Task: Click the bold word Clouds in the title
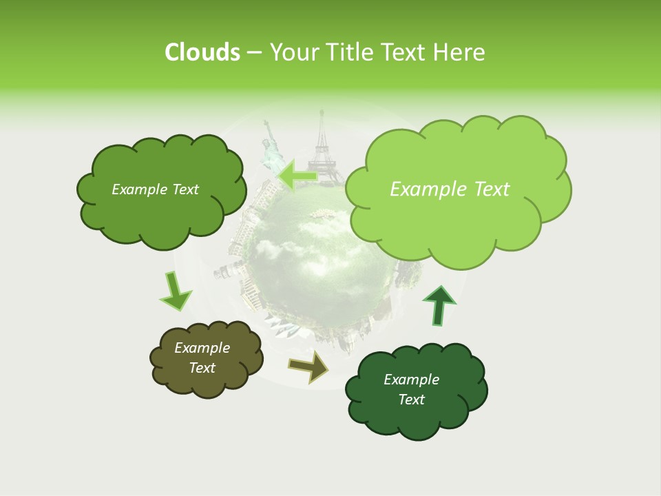[202, 52]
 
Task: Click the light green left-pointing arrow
[297, 175]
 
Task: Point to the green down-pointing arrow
[176, 292]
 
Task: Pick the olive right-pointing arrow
[309, 367]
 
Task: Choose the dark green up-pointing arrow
[439, 305]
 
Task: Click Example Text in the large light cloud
[450, 189]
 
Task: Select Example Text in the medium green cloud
[155, 189]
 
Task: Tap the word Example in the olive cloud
[202, 348]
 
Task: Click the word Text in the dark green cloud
[411, 400]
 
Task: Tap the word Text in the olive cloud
[202, 368]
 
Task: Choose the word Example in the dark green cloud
[411, 380]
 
